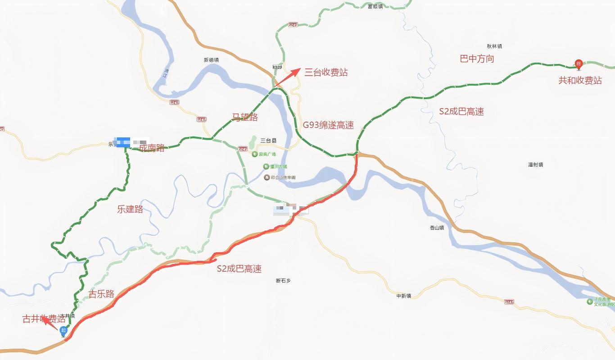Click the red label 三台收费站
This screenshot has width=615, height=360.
pos(326,72)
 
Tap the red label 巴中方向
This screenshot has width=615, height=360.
pos(477,59)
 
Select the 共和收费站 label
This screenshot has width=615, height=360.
pos(580,80)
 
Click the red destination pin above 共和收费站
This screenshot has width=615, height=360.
pos(579,64)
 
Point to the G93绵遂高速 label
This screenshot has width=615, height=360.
pos(328,125)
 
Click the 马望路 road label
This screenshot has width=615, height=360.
pos(245,117)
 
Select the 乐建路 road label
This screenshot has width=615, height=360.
pos(130,209)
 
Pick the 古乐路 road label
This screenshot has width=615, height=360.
pos(101,294)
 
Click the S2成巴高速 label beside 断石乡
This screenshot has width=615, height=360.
pos(239,269)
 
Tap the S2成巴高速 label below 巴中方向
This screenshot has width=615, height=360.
pos(461,111)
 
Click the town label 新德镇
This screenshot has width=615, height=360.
pos(211,60)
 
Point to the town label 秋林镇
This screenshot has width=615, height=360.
pos(494,46)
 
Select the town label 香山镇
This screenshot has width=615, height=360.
pos(437,228)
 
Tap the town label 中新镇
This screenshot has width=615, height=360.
pos(403,296)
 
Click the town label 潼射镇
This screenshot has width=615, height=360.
pos(535,165)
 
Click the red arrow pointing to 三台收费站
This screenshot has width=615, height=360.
pos(288,77)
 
